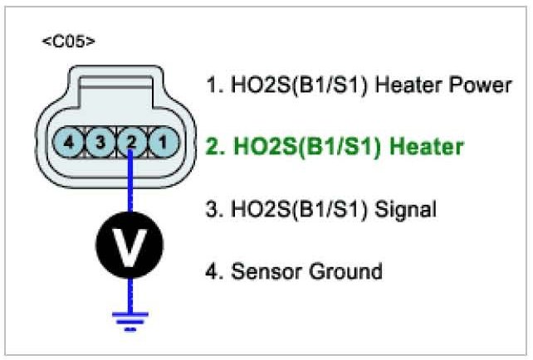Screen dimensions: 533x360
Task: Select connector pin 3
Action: [100, 142]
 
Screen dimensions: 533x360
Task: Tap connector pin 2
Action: [131, 142]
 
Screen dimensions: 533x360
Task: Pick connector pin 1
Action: [163, 142]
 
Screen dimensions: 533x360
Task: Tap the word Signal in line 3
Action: [406, 209]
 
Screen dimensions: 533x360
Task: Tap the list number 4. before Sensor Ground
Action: [212, 270]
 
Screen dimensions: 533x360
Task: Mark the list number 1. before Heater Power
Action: [212, 85]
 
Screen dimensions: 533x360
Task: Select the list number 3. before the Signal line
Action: [212, 209]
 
